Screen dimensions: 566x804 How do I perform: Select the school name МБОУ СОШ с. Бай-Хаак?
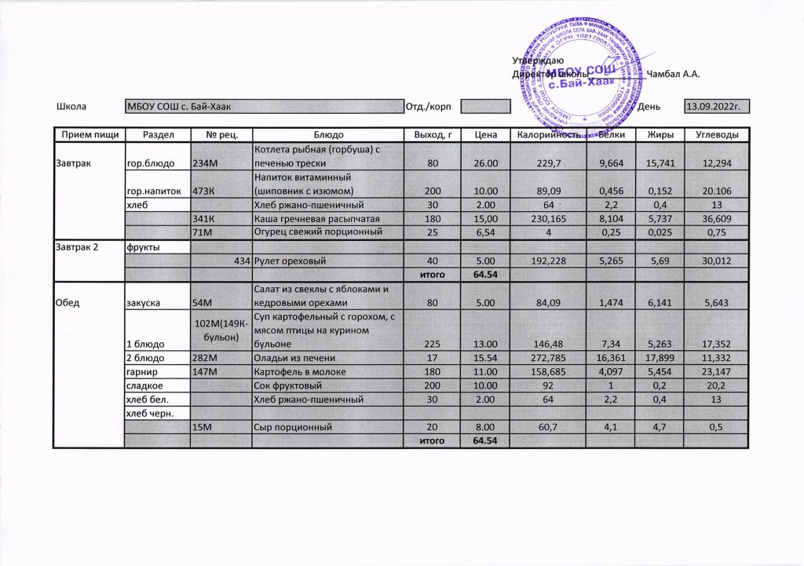(183, 106)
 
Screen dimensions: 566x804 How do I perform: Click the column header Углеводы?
(714, 135)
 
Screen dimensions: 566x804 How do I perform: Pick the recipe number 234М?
(205, 163)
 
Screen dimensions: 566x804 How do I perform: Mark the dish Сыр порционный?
(288, 428)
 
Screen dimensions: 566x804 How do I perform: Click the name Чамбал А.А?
(673, 74)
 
